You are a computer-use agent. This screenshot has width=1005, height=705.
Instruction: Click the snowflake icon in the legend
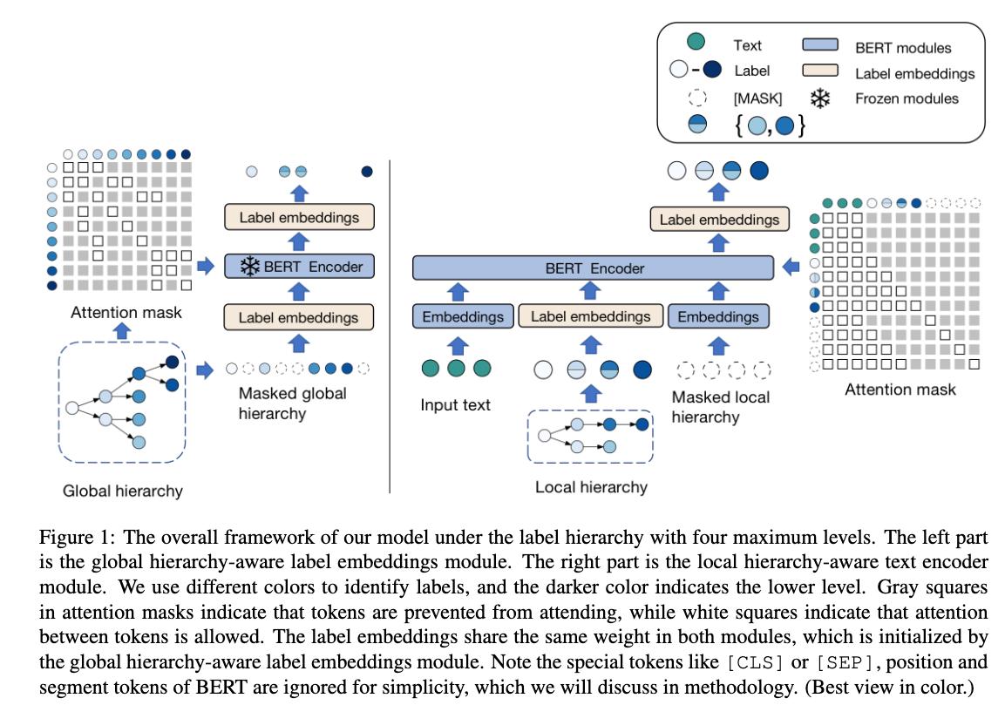click(819, 98)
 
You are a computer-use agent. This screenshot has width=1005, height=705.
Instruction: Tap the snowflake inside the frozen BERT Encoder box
click(250, 267)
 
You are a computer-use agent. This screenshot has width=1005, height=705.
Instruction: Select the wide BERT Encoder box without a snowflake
click(594, 268)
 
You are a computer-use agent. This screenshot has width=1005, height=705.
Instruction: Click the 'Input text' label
click(455, 405)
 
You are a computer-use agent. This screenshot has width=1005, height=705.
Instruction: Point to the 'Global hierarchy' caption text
click(123, 491)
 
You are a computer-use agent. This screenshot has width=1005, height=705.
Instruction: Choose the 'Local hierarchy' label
click(591, 487)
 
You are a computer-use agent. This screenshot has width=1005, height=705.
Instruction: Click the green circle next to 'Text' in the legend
click(696, 42)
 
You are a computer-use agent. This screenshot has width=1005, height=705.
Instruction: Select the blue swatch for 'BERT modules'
click(820, 45)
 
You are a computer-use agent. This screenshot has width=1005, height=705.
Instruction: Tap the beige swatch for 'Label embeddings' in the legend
click(820, 71)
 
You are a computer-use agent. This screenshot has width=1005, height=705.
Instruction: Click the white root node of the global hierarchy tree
click(71, 407)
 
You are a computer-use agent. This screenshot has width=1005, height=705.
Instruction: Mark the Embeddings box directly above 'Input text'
click(463, 317)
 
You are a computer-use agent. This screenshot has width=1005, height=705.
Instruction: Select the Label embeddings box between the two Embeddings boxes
click(591, 317)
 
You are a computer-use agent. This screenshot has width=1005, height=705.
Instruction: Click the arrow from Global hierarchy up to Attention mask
click(122, 330)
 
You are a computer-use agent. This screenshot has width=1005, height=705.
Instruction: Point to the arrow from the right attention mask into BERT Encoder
click(791, 267)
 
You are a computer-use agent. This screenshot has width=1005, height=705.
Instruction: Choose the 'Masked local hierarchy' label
click(721, 407)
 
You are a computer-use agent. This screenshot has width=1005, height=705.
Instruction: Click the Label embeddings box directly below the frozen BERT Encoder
click(298, 317)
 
